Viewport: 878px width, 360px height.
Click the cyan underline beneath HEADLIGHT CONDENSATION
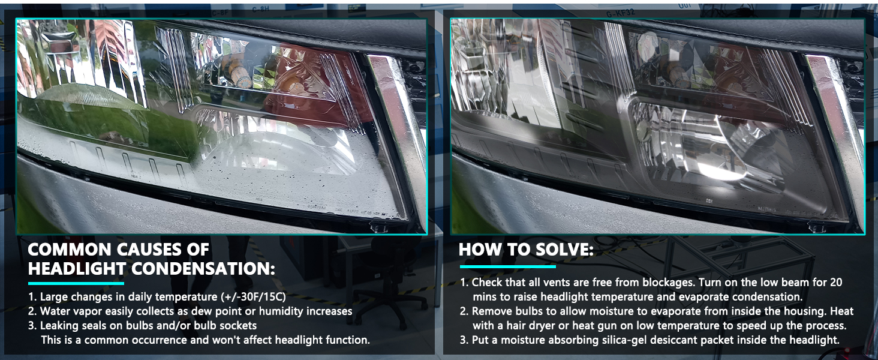(x=76, y=283)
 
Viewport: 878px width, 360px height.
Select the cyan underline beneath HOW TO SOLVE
(x=507, y=266)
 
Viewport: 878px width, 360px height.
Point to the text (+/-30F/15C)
(x=254, y=297)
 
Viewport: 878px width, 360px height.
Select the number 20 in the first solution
(x=835, y=283)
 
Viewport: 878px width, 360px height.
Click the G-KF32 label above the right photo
(x=620, y=13)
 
